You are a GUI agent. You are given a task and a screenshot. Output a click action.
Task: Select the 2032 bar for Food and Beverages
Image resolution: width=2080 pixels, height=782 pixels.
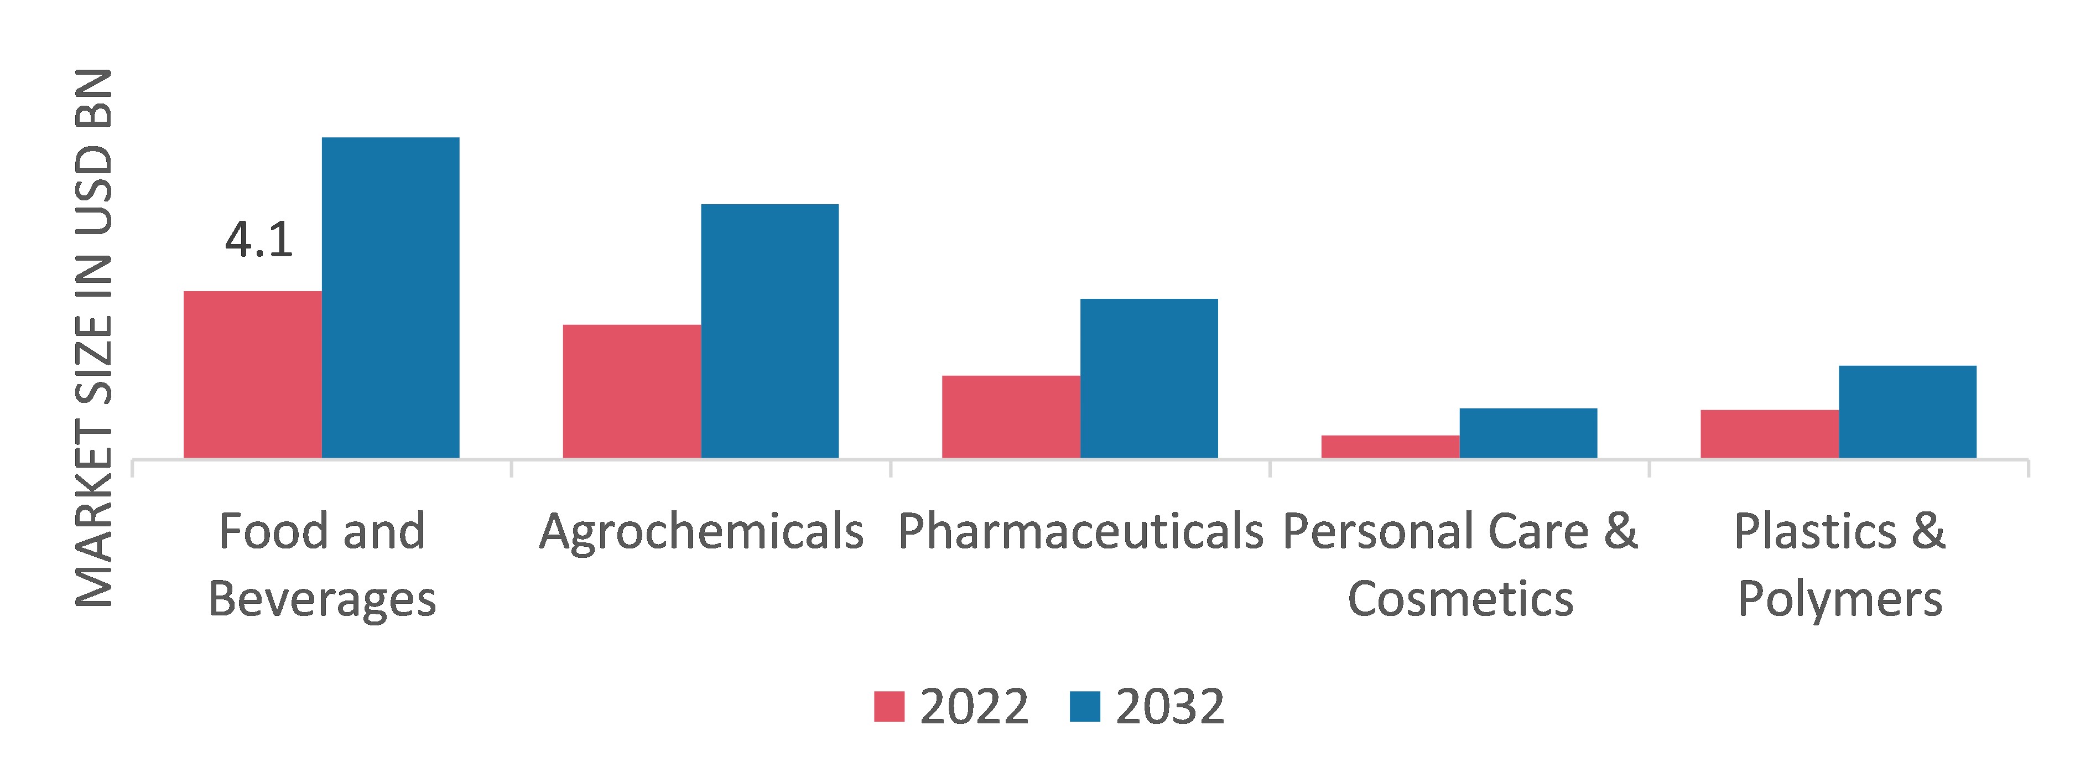pos(391,298)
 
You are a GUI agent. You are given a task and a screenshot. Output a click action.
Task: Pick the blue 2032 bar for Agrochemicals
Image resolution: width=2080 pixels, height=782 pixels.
pos(769,331)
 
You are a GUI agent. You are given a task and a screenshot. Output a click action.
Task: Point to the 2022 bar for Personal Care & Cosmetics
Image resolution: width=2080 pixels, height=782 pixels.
pos(1390,447)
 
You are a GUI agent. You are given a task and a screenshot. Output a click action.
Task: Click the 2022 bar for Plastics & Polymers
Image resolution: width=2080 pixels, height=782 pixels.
pos(1770,434)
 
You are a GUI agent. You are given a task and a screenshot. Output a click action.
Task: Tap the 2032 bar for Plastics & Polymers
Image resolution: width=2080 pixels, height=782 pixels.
pos(1908,412)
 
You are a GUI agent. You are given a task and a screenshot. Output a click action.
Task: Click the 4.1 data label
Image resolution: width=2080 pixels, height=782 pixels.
pos(258,240)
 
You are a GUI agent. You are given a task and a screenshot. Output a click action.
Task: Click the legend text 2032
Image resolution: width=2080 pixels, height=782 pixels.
pos(1170,707)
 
